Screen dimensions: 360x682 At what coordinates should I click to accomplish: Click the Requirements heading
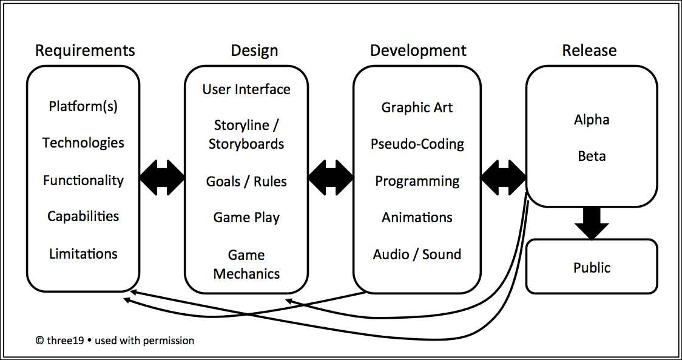pos(85,50)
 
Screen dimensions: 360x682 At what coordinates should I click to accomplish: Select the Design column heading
pos(254,50)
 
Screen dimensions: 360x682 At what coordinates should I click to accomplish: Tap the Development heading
pos(418,50)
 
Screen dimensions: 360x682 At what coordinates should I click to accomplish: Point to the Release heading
pos(589,50)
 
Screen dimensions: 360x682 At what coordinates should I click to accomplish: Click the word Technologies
pos(83,143)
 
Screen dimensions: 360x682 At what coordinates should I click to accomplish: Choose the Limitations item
pos(83,253)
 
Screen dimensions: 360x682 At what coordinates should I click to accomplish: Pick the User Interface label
pos(246,89)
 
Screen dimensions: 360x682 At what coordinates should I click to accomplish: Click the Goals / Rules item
pos(246,181)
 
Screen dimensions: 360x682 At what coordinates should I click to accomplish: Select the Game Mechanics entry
pos(246,264)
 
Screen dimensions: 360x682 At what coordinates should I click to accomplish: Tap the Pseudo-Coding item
pos(417,144)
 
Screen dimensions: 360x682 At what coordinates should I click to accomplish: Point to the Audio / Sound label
pos(417,254)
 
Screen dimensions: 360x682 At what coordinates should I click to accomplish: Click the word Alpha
pos(592,120)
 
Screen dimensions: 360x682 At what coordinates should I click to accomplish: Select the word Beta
pos(592,156)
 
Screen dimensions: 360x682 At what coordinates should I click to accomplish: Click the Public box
pos(592,267)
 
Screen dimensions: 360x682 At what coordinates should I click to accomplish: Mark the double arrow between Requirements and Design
pos(162,178)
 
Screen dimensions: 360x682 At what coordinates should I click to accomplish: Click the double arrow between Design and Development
pos(331,178)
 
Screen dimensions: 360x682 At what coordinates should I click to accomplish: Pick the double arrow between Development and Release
pos(503,178)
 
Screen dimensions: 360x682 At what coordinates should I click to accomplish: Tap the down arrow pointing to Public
pos(592,223)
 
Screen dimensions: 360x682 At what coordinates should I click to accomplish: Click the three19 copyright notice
pos(115,341)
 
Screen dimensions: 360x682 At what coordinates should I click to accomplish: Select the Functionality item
pos(83,180)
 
